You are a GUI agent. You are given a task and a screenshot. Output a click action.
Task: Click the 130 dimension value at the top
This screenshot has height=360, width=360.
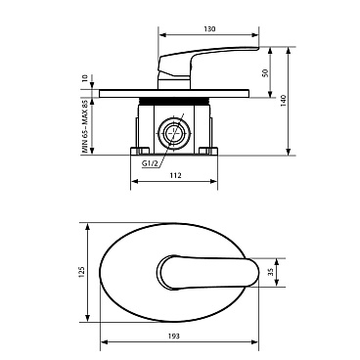tap(209, 28)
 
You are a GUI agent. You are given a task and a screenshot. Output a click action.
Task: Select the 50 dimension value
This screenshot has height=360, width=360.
tap(265, 72)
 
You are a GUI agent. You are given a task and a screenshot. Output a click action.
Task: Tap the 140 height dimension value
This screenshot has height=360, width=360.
tap(283, 101)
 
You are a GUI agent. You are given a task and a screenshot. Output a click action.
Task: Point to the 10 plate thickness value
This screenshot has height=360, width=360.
tap(85, 78)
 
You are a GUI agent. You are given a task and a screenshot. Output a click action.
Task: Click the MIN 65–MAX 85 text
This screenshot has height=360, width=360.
tap(85, 127)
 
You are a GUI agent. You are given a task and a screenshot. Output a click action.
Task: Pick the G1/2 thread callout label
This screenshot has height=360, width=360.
tap(150, 163)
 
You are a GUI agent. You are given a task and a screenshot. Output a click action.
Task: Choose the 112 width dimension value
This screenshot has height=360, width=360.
tap(175, 175)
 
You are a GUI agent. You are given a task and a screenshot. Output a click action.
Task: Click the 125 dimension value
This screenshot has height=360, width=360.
tap(81, 272)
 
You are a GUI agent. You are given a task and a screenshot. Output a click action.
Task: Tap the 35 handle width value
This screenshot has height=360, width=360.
tap(271, 273)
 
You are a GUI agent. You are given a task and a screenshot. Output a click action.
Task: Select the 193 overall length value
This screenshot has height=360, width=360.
tap(174, 336)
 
